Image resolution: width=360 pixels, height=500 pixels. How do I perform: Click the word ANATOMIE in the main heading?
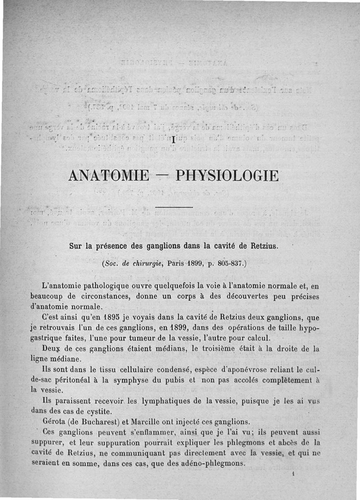pos(108,175)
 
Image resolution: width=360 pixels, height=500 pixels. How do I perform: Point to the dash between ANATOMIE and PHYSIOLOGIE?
pos(165,176)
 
